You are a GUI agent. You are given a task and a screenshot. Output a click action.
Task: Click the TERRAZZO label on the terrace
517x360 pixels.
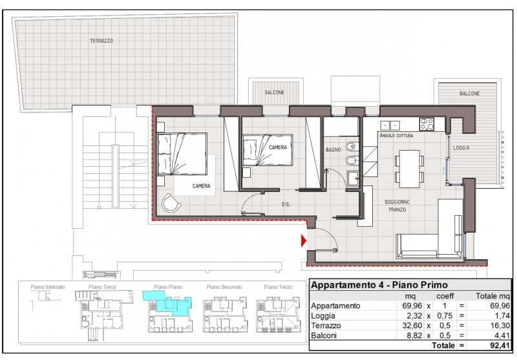pos(101,41)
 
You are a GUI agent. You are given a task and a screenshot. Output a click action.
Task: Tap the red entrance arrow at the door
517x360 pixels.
pos(303,240)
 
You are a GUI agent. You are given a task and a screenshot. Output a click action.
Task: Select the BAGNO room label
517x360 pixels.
pos(333,150)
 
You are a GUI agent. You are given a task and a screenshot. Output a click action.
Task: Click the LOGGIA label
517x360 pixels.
pos(461,148)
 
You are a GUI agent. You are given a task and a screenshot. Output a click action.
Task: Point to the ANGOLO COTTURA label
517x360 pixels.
pos(396,136)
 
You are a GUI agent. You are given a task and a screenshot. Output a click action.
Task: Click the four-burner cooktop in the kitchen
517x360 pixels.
pos(427,124)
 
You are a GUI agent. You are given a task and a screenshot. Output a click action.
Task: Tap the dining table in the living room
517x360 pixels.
pos(409,169)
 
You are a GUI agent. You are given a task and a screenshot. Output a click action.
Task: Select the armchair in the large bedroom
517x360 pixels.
pos(171,203)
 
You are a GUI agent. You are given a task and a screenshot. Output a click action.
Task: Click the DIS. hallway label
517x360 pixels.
pos(286,205)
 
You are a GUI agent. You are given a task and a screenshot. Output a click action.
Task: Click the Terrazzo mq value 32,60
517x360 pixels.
pos(412,326)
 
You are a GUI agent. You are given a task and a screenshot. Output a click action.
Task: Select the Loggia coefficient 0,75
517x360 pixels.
pos(445,316)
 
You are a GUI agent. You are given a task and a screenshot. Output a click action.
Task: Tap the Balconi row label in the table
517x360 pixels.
pos(324,335)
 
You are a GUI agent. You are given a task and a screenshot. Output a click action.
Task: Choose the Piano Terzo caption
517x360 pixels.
pos(278,287)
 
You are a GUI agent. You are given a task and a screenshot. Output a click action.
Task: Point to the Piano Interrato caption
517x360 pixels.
pos(48,287)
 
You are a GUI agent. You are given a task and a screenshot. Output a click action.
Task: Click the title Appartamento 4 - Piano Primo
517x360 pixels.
pos(379,285)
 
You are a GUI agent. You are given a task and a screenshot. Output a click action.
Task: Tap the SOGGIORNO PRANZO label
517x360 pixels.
pos(397,206)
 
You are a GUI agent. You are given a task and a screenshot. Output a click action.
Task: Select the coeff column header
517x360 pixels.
pos(445,296)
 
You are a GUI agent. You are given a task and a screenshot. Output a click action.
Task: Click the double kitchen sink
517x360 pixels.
pos(390,125)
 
